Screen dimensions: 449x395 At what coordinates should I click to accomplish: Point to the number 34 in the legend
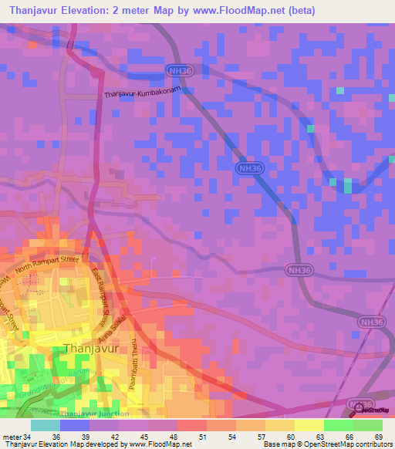(x=29, y=438)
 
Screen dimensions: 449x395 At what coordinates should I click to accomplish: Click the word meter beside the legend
(x=12, y=438)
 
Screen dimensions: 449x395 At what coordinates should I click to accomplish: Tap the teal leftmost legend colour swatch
(x=45, y=425)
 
